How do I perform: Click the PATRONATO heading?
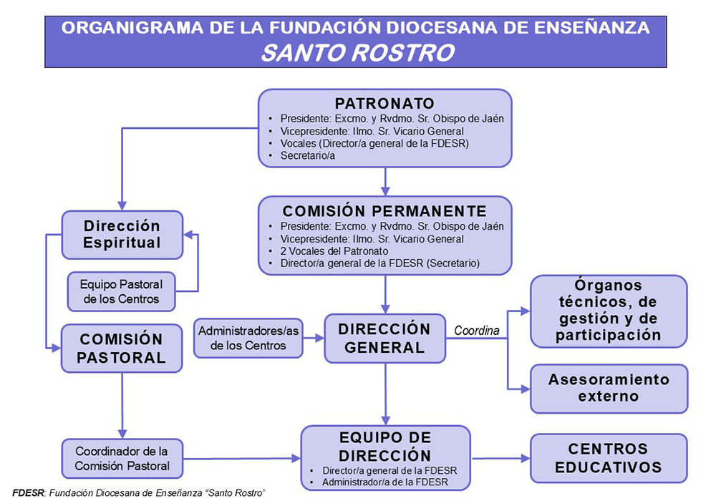tap(384, 103)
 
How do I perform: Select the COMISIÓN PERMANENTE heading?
tap(384, 211)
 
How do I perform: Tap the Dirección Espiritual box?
tap(122, 234)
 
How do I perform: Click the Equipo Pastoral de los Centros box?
tap(121, 291)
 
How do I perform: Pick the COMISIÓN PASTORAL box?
tap(122, 349)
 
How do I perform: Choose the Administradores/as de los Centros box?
tap(249, 338)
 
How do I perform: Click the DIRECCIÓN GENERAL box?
tap(384, 339)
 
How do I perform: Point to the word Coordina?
tap(477, 330)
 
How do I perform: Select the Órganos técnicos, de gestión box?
tap(608, 311)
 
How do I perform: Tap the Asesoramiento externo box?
tap(609, 388)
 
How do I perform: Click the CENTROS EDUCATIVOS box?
tap(608, 458)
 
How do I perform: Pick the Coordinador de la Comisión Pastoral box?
tap(122, 459)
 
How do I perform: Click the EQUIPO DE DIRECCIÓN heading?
tap(385, 447)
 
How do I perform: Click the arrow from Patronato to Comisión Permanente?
tap(385, 182)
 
